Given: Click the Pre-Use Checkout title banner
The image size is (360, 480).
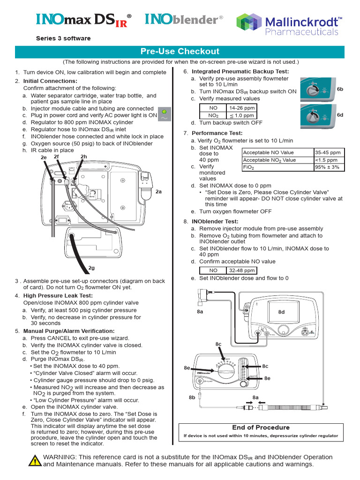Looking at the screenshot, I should click(x=180, y=52).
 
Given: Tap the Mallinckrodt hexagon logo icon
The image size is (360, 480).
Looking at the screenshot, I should click(x=248, y=24).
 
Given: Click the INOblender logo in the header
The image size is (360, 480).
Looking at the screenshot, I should click(x=184, y=19).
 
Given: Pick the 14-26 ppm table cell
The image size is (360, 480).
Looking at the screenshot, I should click(x=242, y=108).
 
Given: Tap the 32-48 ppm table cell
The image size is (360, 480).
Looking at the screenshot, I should click(x=242, y=270).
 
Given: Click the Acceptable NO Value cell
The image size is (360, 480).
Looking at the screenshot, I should click(x=277, y=152).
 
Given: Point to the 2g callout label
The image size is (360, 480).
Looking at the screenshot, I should click(x=92, y=268).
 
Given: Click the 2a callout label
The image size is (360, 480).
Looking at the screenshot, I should click(x=158, y=191).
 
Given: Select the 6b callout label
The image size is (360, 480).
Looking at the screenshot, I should click(x=340, y=89).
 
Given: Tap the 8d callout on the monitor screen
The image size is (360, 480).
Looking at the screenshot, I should click(x=281, y=312).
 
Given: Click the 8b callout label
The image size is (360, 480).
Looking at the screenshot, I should click(x=192, y=397).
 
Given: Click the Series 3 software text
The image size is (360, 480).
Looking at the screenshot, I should click(x=63, y=38).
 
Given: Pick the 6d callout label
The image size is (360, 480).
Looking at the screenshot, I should click(x=340, y=115).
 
